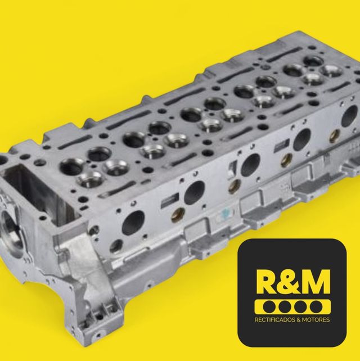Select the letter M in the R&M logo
(x=316, y=282)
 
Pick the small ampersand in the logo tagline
(x=299, y=320)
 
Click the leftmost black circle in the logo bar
(x=269, y=307)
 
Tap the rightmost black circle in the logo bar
(x=316, y=307)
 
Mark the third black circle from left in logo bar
(x=300, y=307)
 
